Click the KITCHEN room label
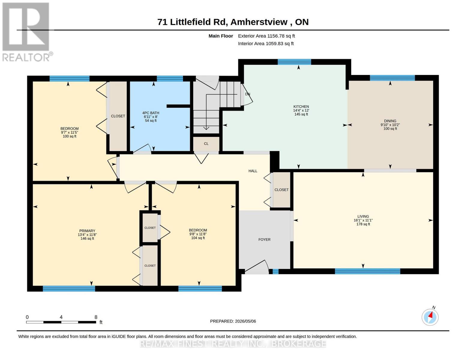(x=301, y=106)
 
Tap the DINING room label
(x=390, y=121)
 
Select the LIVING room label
(x=363, y=217)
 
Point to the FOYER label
(x=264, y=239)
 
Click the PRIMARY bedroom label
(x=87, y=231)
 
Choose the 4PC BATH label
(x=151, y=113)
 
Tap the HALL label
(x=253, y=171)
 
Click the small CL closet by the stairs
(x=206, y=144)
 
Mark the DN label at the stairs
(x=248, y=94)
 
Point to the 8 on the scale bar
(x=96, y=317)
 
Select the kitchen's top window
(x=294, y=62)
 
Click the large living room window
(x=367, y=271)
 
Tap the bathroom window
(x=170, y=79)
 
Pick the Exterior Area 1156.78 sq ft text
(x=266, y=36)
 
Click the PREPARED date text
(x=233, y=321)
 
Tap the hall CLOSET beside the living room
(x=281, y=190)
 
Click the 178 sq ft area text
(x=363, y=224)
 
